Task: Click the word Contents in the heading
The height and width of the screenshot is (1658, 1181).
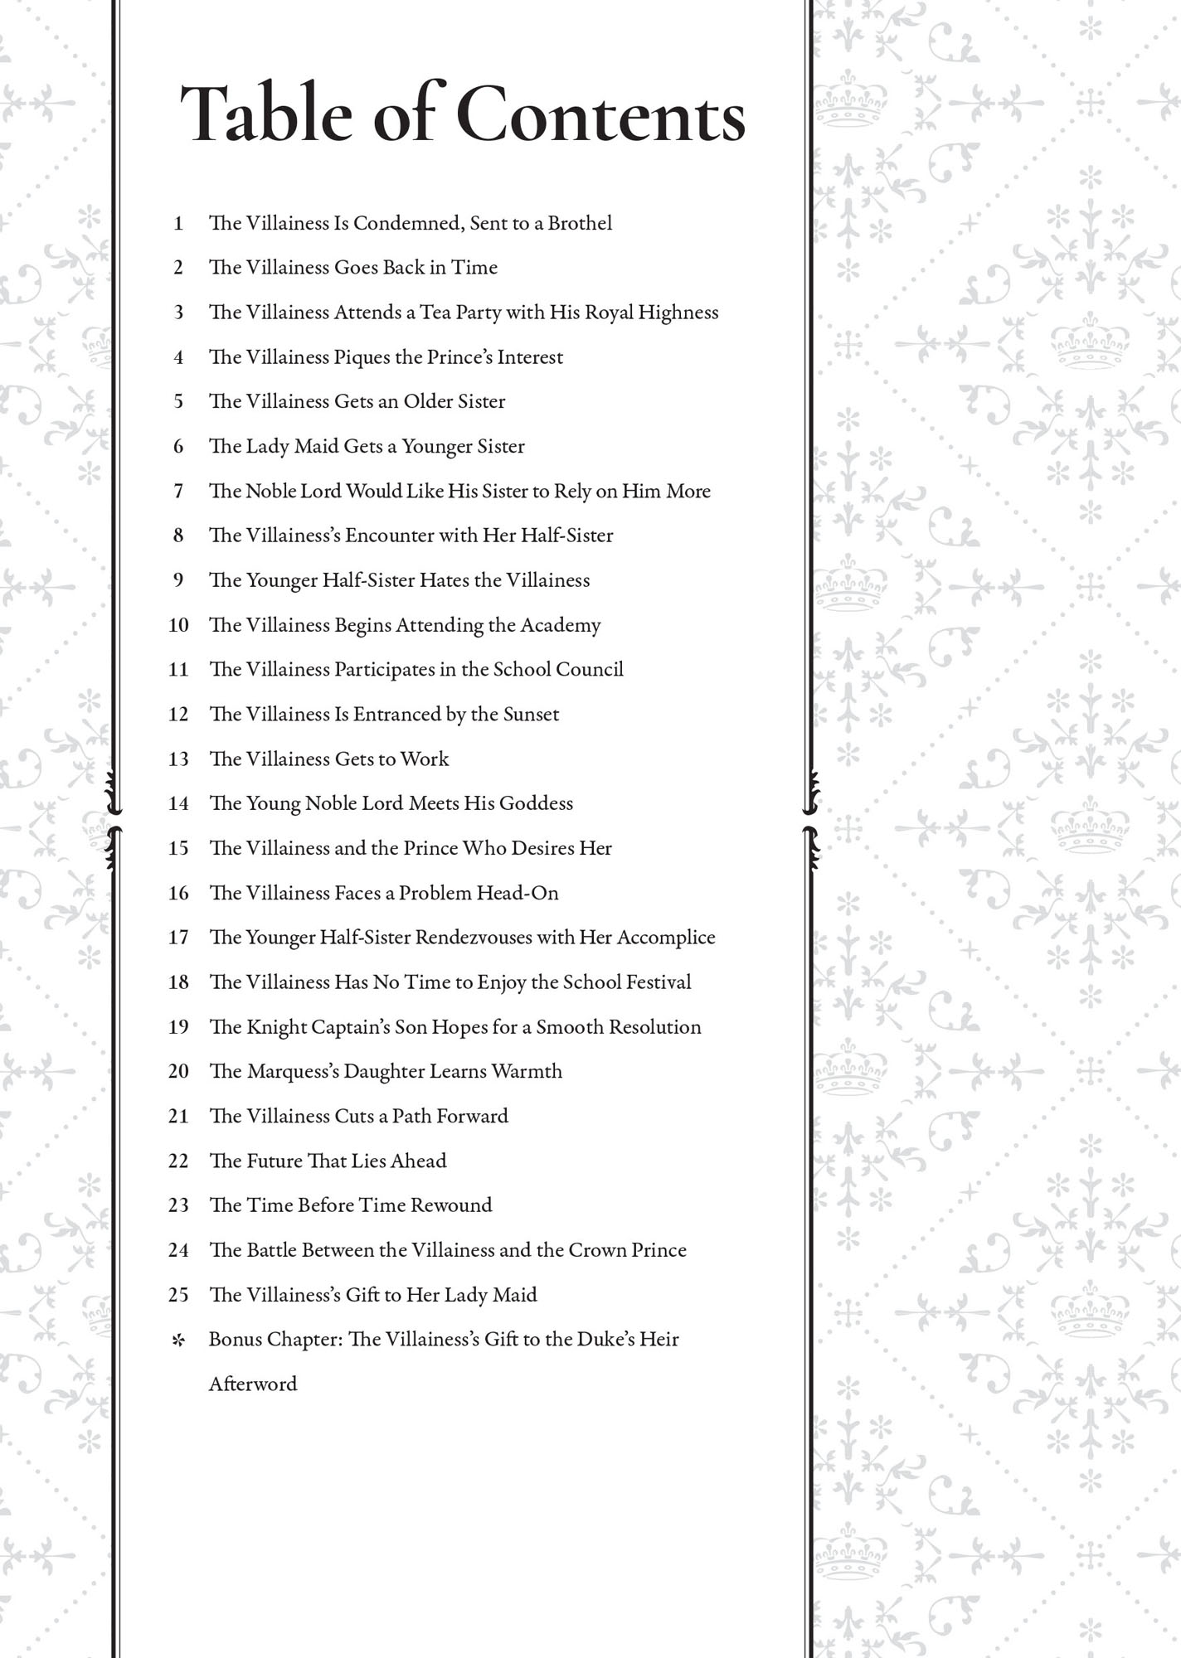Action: (600, 115)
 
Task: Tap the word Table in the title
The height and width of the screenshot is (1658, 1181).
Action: (266, 115)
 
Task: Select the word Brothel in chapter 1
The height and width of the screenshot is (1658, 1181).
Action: (580, 223)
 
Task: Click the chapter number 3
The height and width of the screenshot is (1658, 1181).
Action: (178, 313)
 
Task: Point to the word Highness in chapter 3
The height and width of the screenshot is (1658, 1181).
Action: (678, 313)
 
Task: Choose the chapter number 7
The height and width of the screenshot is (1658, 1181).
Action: (178, 491)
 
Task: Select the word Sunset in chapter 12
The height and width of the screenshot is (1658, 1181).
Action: (531, 715)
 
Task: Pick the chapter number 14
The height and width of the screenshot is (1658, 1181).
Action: (178, 803)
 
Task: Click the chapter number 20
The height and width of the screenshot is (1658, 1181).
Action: (178, 1071)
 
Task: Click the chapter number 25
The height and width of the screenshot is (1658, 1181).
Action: (178, 1295)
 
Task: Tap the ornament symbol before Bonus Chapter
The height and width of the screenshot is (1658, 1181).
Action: (177, 1340)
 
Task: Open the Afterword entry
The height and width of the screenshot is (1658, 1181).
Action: (253, 1384)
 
